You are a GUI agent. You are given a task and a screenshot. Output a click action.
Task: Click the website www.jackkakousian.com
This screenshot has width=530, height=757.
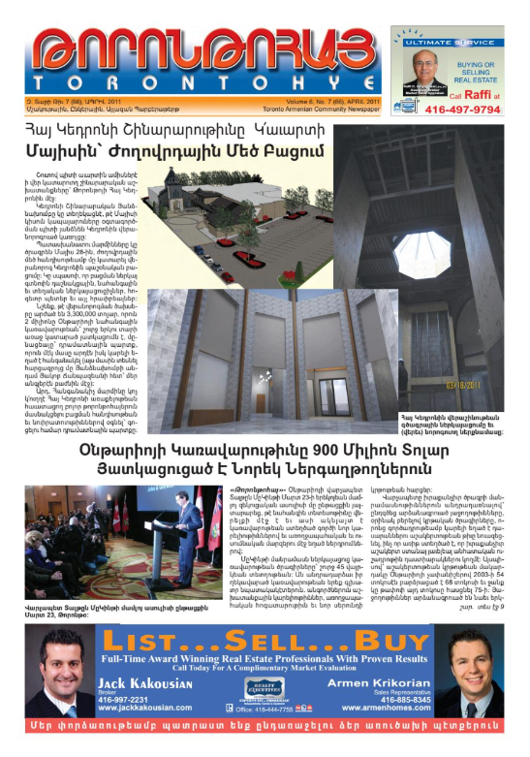click(152, 707)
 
